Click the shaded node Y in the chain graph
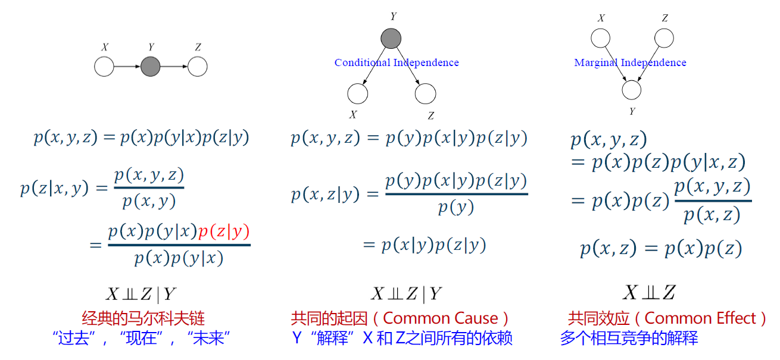coord(151,67)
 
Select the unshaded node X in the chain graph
coord(104,67)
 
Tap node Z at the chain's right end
coord(198,67)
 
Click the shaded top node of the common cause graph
coord(391,39)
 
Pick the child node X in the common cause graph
coord(358,93)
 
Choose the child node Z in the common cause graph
coord(426,93)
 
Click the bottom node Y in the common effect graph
coord(632,90)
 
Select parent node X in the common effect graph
coord(600,39)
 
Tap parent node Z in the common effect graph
coord(664,39)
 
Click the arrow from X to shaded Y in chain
coord(127,67)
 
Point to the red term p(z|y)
coord(224,231)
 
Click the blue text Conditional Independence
coord(397,62)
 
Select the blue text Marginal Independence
coord(630,62)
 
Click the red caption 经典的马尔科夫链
coord(143,318)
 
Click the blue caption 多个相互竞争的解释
coord(629,339)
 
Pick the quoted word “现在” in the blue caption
coord(141,339)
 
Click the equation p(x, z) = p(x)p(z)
coord(661,249)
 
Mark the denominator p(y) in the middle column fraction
coord(456,207)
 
